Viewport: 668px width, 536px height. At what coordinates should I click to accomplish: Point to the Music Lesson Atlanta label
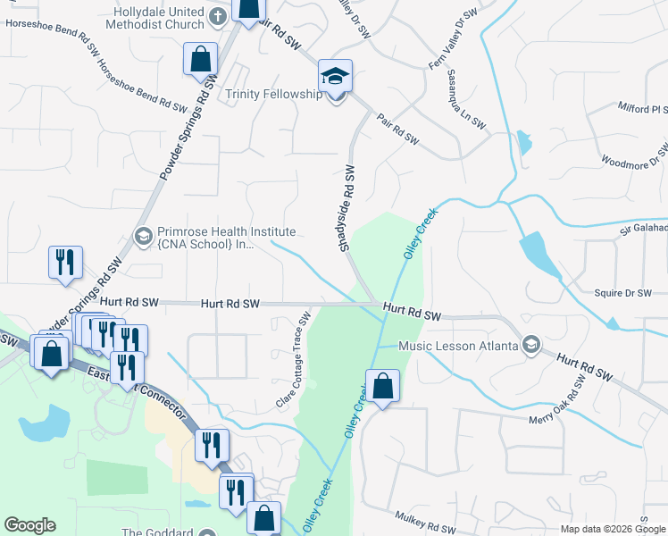458,346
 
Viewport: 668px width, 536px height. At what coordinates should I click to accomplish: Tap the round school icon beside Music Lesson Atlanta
531,345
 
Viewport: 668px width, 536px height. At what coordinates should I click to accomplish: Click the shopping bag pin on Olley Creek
382,387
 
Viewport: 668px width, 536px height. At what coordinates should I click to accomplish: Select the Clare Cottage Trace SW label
293,361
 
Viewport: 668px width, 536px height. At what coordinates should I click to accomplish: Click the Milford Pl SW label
643,107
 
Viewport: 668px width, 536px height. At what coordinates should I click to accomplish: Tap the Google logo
29,525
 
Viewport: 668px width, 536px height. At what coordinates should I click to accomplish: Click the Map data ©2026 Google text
614,529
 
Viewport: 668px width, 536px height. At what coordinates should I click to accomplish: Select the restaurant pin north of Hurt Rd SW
67,263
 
